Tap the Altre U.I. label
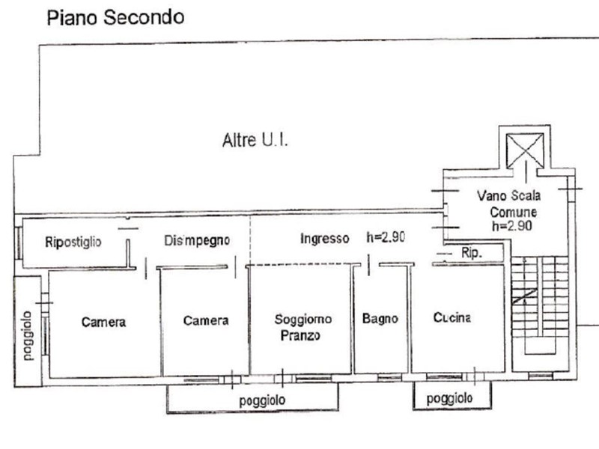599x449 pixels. click(x=255, y=140)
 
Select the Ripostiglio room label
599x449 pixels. click(x=73, y=241)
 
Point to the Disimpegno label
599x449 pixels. click(x=197, y=240)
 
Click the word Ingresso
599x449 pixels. click(x=324, y=239)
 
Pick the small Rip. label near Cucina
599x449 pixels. click(x=471, y=253)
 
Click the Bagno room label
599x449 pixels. click(x=380, y=319)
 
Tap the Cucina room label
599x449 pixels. click(x=452, y=317)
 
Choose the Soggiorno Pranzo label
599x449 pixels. click(x=301, y=327)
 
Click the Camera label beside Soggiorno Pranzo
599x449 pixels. click(x=206, y=320)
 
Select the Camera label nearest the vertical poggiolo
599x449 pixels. click(x=103, y=323)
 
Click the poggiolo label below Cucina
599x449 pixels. click(x=449, y=399)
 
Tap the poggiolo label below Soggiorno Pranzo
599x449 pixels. click(x=262, y=401)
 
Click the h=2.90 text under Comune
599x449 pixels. click(x=512, y=225)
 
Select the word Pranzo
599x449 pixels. click(x=300, y=335)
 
